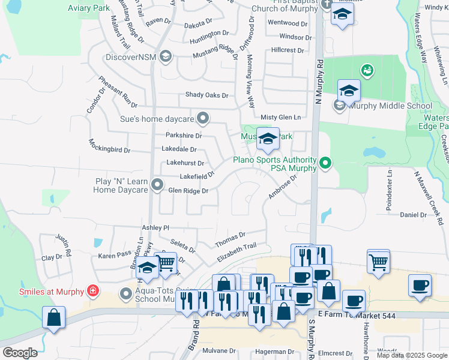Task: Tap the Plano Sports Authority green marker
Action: point(325,163)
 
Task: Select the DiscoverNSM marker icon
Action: point(166,57)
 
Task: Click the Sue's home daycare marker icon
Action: point(203,119)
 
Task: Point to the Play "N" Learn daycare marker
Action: point(157,185)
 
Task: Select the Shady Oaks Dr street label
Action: point(207,95)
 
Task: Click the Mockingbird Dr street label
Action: point(109,145)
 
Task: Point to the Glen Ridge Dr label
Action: point(188,191)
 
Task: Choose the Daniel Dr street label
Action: point(412,214)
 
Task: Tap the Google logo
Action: point(20,353)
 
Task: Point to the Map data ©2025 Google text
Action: point(411,355)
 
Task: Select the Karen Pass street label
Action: point(114,254)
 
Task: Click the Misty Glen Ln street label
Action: point(280,116)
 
